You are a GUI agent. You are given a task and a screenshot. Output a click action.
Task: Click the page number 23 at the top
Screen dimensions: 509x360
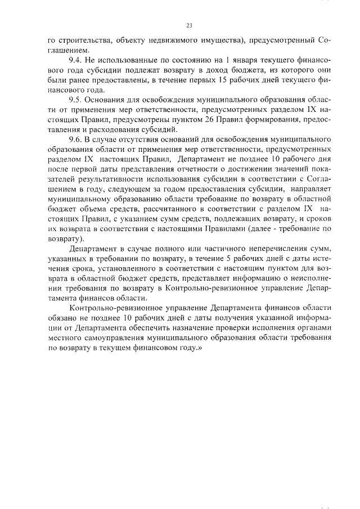click(189, 25)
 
